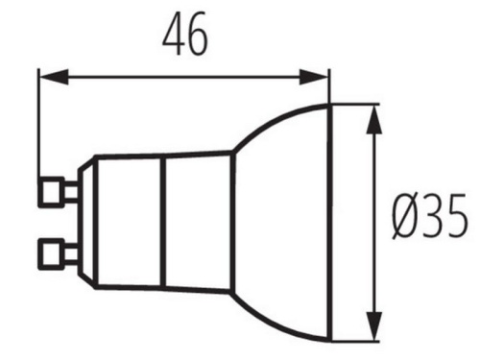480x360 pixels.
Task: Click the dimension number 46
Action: pos(185,36)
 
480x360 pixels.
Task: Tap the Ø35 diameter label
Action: pos(430,217)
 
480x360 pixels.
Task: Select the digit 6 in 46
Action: pos(198,36)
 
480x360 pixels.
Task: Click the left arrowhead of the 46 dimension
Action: pos(46,74)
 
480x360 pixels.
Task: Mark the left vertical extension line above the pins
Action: pos(38,125)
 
